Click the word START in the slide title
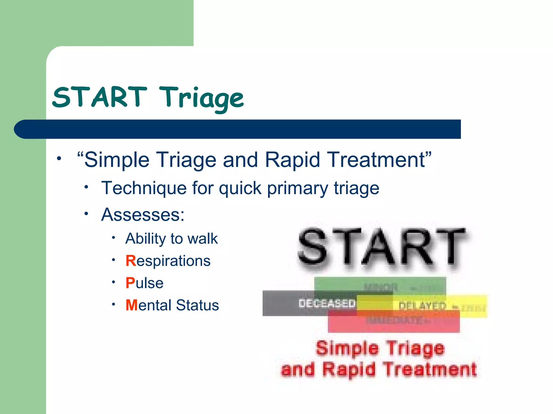[100, 97]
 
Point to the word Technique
[144, 188]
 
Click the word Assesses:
[143, 215]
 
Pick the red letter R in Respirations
[131, 261]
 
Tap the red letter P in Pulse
[130, 283]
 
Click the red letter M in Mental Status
[132, 305]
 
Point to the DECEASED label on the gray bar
[327, 303]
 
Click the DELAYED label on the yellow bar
[422, 306]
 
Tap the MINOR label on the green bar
[381, 287]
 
